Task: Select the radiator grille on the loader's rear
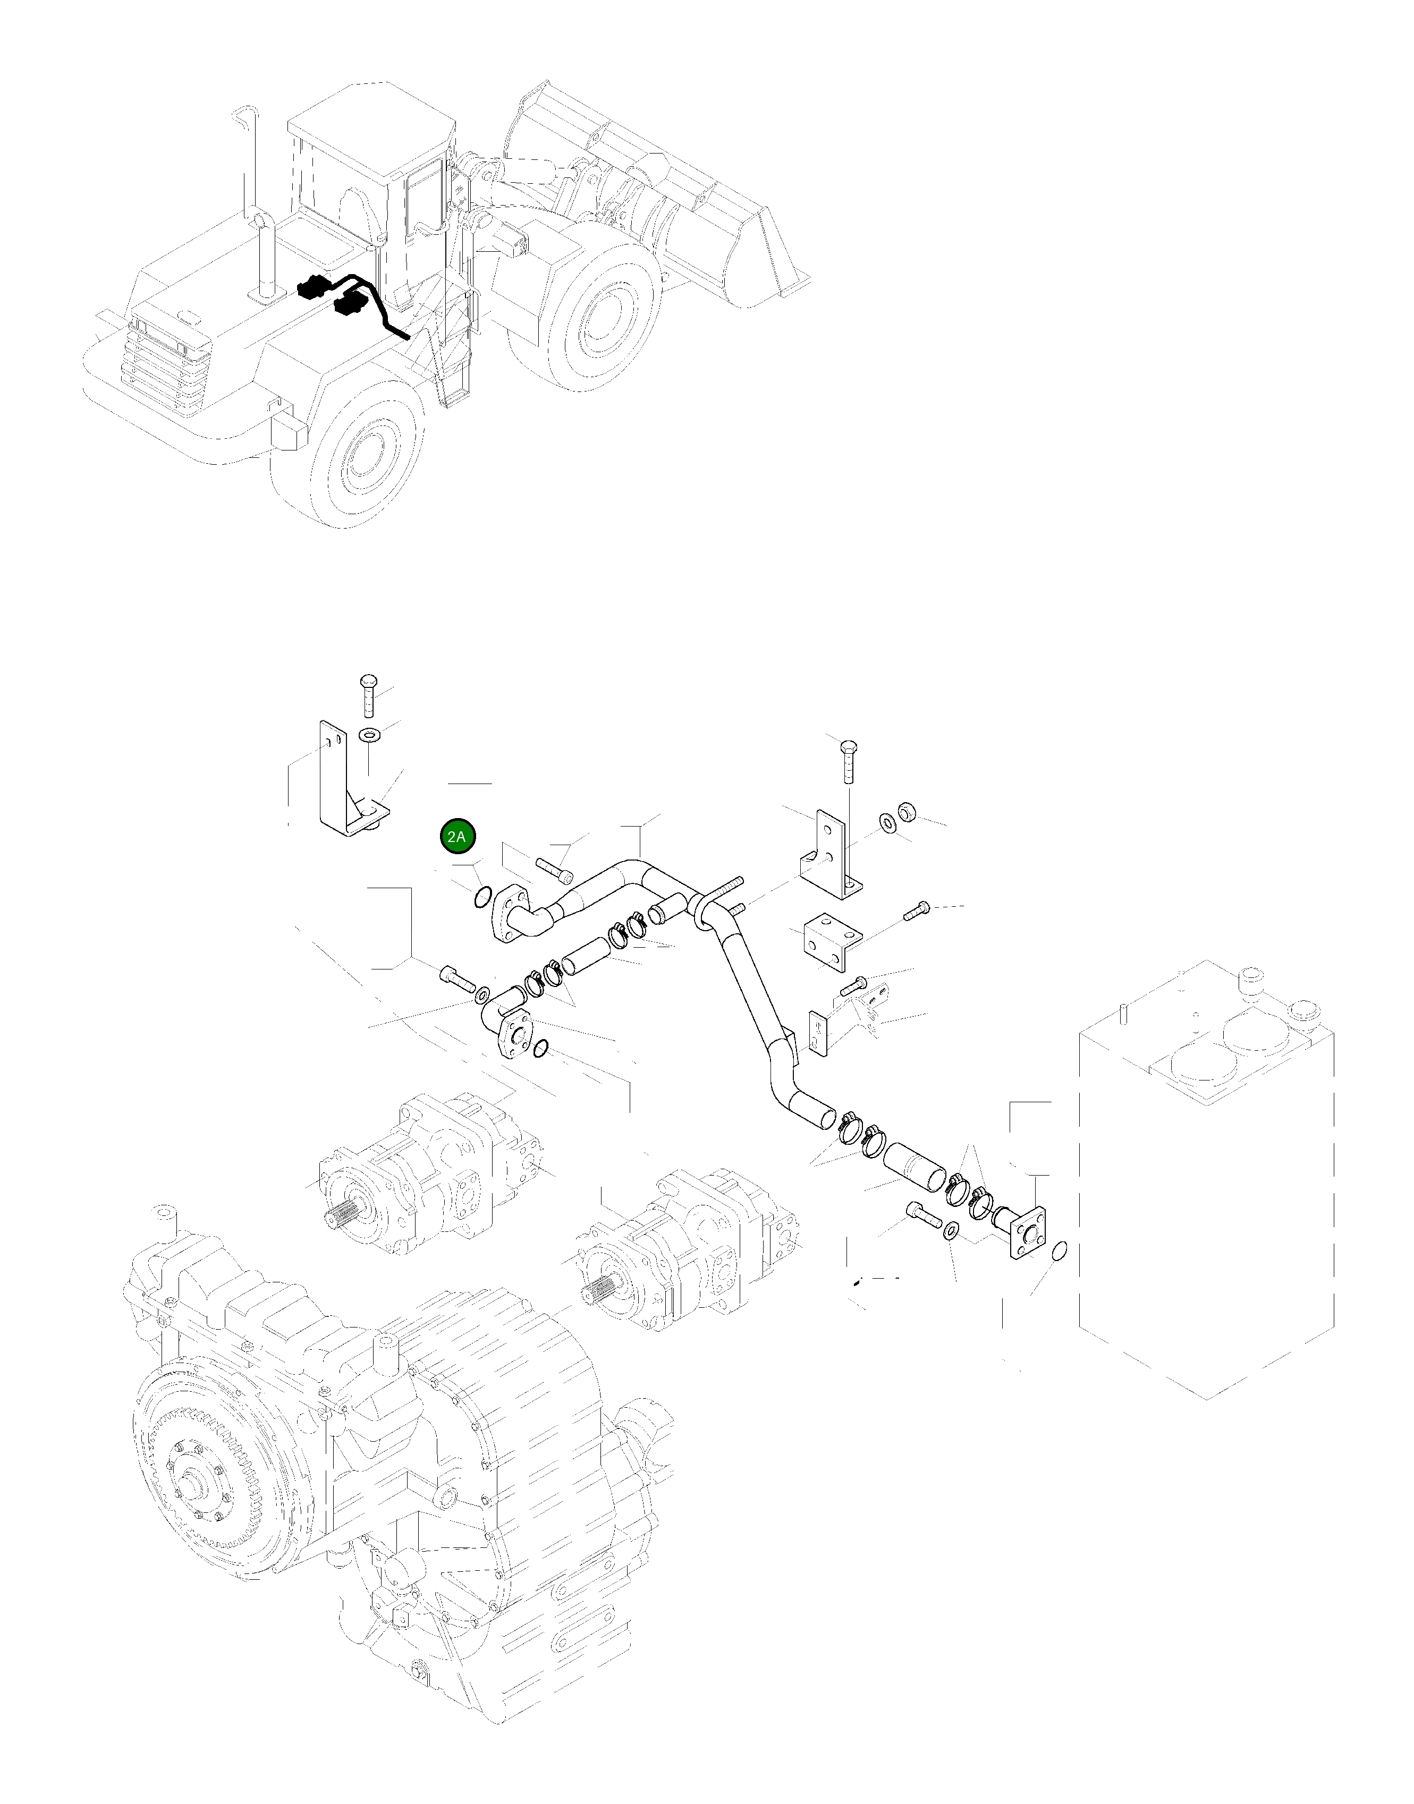(x=166, y=364)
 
